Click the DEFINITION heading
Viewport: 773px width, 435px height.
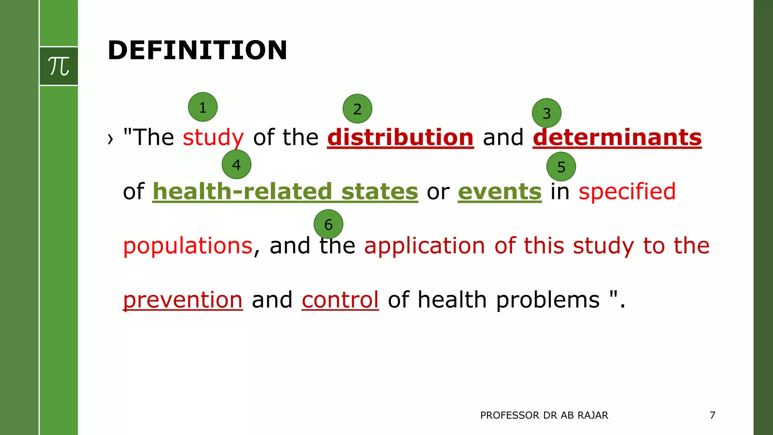[x=197, y=50]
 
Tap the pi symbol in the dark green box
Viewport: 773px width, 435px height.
[x=59, y=66]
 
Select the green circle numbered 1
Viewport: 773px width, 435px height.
[x=203, y=107]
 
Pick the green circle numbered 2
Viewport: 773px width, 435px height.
[x=357, y=109]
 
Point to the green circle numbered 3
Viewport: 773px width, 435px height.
[x=547, y=113]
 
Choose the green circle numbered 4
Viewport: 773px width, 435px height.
[x=237, y=164]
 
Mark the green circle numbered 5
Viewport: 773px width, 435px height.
[x=561, y=167]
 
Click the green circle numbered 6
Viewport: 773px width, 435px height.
[x=328, y=224]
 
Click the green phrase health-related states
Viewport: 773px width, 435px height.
[x=285, y=191]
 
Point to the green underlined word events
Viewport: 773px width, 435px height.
[x=500, y=191]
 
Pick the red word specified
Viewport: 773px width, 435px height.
[x=627, y=191]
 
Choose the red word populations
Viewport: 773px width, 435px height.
[x=188, y=246]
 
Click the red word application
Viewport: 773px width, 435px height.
[x=425, y=246]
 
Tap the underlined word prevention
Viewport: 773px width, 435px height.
[x=183, y=300]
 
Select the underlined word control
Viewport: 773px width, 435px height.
[x=340, y=300]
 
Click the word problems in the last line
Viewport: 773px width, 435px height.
[x=548, y=300]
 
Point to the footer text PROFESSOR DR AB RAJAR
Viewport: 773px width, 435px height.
[x=544, y=415]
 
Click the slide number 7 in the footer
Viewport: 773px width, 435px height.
[x=712, y=415]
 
